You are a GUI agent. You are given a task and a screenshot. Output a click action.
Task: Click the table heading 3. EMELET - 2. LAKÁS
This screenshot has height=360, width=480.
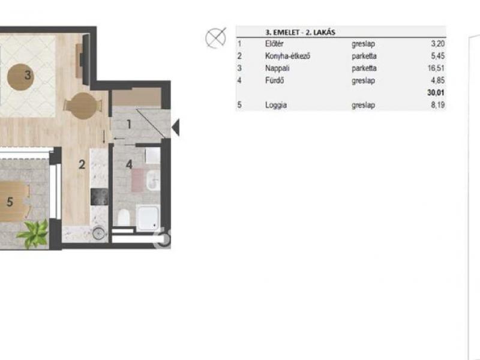point(300,32)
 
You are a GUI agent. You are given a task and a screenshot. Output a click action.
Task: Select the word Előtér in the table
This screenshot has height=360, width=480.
point(274,44)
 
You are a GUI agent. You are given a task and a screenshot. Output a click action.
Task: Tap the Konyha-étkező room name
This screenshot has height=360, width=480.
point(287,56)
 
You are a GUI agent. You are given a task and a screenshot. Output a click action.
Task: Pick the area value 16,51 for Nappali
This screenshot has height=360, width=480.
point(436,68)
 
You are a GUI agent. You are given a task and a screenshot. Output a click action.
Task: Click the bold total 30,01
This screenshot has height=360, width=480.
point(436,92)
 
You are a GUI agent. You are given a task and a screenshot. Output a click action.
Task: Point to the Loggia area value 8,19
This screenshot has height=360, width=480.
point(438,105)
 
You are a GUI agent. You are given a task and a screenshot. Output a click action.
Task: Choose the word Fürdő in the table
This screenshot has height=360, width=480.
point(274,80)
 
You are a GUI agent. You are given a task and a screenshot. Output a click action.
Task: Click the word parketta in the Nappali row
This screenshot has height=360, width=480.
point(364,68)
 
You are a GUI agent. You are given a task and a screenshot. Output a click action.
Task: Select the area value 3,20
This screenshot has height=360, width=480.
point(438,44)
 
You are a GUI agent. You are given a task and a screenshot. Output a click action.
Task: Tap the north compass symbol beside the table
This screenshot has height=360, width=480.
point(215,38)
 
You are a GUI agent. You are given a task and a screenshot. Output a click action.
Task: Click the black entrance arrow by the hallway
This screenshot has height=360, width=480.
point(176,127)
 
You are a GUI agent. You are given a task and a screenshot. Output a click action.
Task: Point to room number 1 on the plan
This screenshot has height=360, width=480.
point(129,124)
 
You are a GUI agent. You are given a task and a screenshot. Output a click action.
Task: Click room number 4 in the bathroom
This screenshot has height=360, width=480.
point(129,164)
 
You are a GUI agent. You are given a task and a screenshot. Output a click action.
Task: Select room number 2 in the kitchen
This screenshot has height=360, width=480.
point(82,164)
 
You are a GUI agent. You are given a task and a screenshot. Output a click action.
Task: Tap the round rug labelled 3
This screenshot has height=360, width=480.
point(21,77)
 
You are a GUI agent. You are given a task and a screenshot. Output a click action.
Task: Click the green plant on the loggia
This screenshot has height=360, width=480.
point(34,233)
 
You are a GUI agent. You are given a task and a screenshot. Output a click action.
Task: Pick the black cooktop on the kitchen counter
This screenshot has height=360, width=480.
point(99,197)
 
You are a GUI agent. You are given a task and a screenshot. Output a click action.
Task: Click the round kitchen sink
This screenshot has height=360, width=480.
point(98,234)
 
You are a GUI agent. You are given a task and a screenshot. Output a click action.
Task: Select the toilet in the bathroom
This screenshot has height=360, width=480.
point(124,217)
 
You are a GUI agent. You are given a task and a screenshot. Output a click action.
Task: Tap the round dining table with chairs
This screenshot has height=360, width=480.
point(82,106)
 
